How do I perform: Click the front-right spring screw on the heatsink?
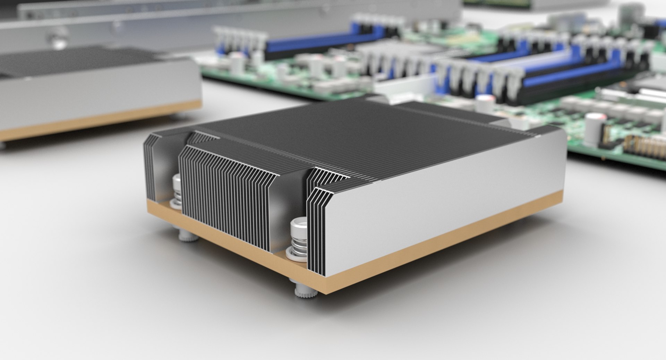coord(298,239)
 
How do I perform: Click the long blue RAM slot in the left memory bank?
coord(312,45)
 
